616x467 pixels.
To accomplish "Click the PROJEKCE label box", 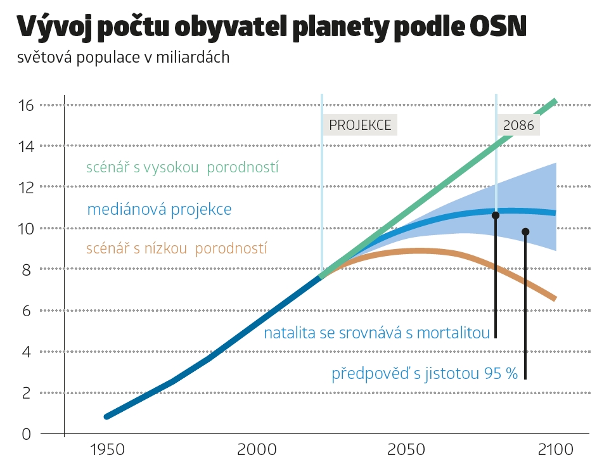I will [360, 125].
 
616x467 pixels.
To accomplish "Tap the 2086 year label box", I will [518, 125].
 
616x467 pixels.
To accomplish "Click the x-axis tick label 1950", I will [107, 450].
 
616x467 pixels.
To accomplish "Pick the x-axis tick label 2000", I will [256, 450].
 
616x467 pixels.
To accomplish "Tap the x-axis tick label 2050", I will [406, 450].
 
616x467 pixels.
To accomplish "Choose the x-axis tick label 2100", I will [555, 450].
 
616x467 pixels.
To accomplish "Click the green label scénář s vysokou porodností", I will [183, 168].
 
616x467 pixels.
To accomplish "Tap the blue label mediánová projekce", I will [159, 209].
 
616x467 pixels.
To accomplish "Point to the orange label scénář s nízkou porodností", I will [176, 248].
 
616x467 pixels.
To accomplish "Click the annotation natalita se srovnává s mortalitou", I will [376, 333].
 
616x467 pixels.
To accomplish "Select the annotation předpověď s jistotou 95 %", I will [425, 374].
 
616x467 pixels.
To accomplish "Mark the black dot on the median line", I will [496, 215].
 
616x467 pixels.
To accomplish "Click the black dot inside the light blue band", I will [525, 232].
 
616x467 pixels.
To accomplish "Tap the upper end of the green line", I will [555, 101].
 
